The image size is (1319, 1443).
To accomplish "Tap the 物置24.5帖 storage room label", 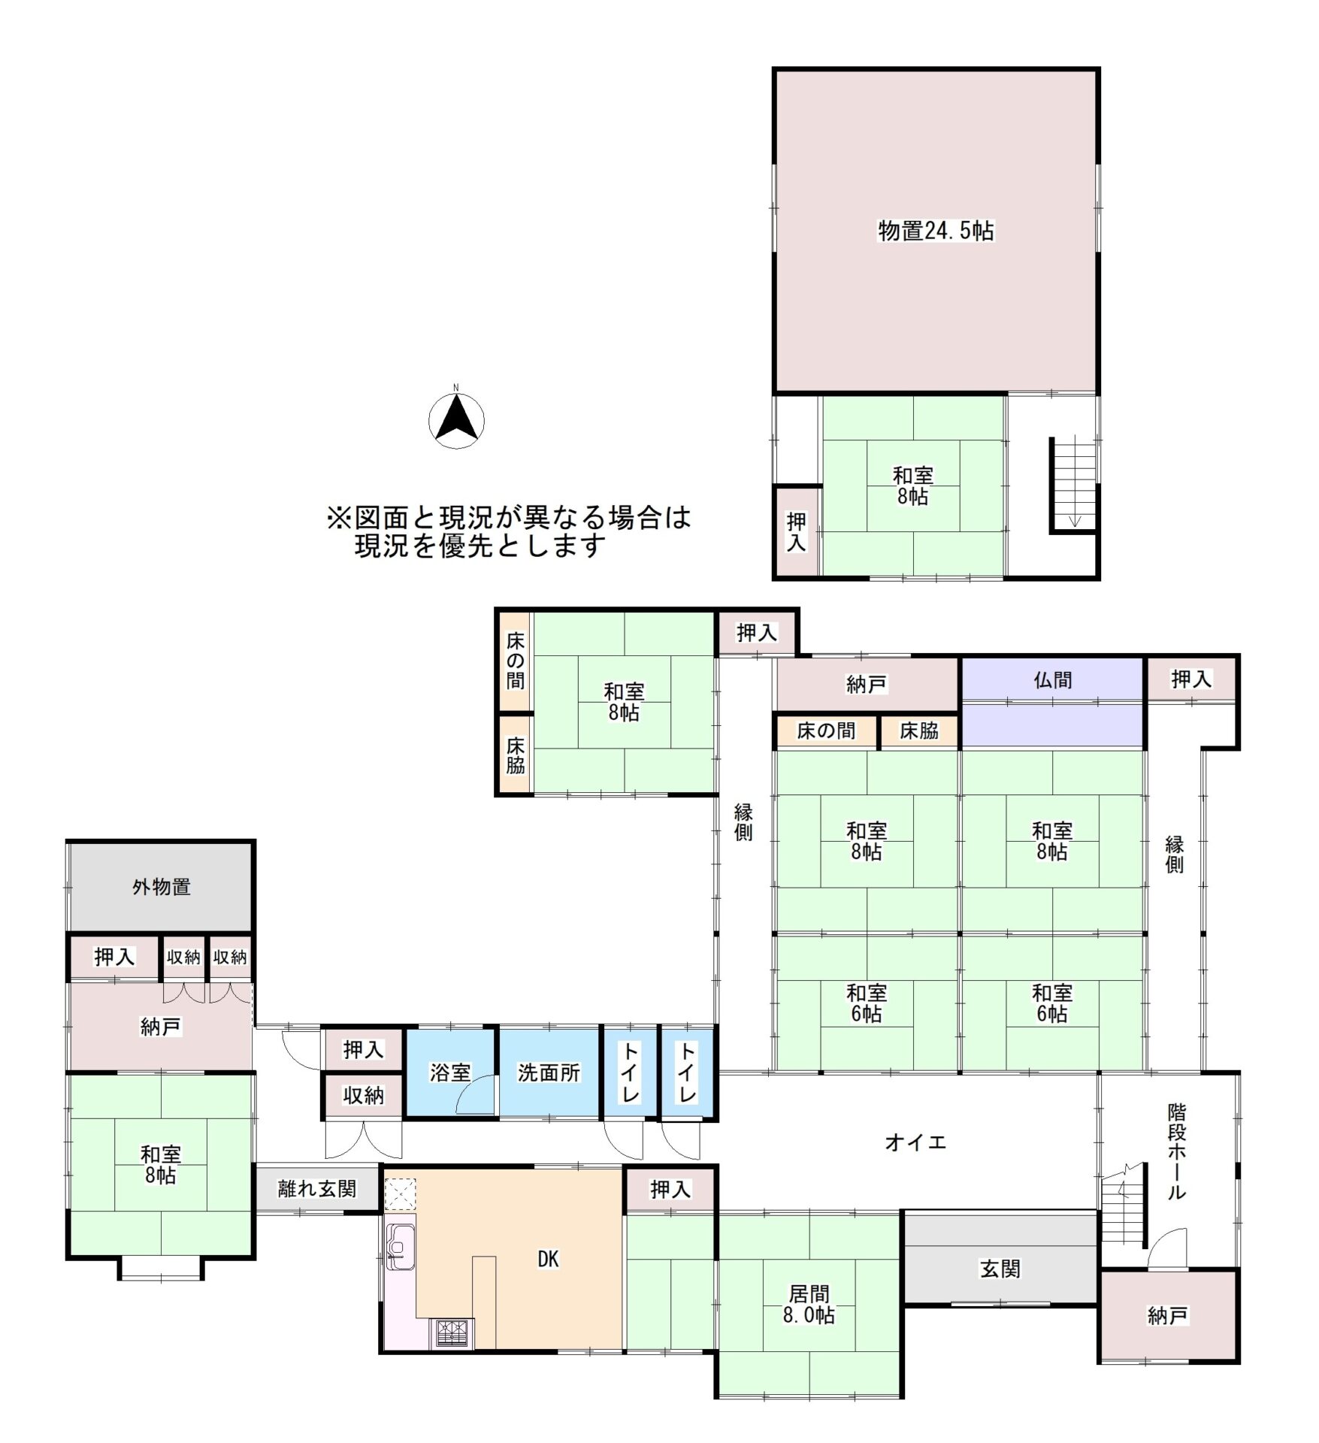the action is (x=936, y=231).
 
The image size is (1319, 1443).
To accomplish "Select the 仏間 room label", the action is (x=1052, y=680).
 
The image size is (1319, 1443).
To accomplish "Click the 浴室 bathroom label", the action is (x=450, y=1072).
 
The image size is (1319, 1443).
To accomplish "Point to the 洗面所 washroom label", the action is (x=549, y=1072).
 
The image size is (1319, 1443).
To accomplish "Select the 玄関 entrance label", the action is (x=1000, y=1269).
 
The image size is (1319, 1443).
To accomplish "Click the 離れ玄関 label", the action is (x=317, y=1188).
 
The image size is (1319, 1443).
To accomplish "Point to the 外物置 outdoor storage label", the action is (x=162, y=887).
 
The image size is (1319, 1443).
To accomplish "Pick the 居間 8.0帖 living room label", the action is (x=809, y=1304).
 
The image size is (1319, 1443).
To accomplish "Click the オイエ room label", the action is (x=915, y=1143).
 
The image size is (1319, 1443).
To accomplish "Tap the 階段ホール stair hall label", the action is (x=1177, y=1151).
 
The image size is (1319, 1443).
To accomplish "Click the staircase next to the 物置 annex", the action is (x=1074, y=484).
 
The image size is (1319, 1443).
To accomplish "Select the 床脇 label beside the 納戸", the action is (x=919, y=731).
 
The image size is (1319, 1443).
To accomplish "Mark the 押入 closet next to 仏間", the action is (x=1191, y=679).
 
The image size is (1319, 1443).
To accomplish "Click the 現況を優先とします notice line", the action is (x=481, y=546).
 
